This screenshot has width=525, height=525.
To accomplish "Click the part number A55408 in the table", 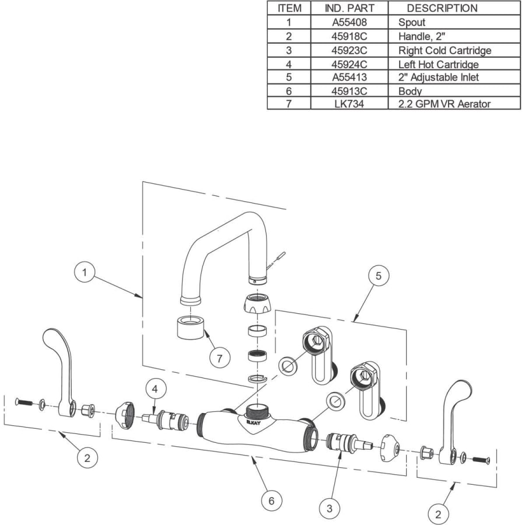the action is click(x=349, y=22).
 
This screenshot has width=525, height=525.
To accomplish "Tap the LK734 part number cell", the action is click(x=349, y=104).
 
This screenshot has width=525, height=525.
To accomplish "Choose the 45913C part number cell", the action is click(x=349, y=91).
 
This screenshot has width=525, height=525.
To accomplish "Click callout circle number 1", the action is click(x=85, y=272).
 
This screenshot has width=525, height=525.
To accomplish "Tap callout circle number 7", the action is click(x=220, y=358).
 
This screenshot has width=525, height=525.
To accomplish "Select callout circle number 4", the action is click(x=155, y=389).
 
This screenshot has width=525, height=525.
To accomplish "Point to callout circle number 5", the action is click(x=379, y=276).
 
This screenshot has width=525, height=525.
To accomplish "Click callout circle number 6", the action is click(x=271, y=501).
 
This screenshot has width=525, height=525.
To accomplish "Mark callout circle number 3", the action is click(x=330, y=508).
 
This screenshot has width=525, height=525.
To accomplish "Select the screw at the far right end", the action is click(x=481, y=460).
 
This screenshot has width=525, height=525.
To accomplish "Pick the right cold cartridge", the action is click(x=350, y=442).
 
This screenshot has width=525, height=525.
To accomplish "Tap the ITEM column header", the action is click(x=289, y=8).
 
